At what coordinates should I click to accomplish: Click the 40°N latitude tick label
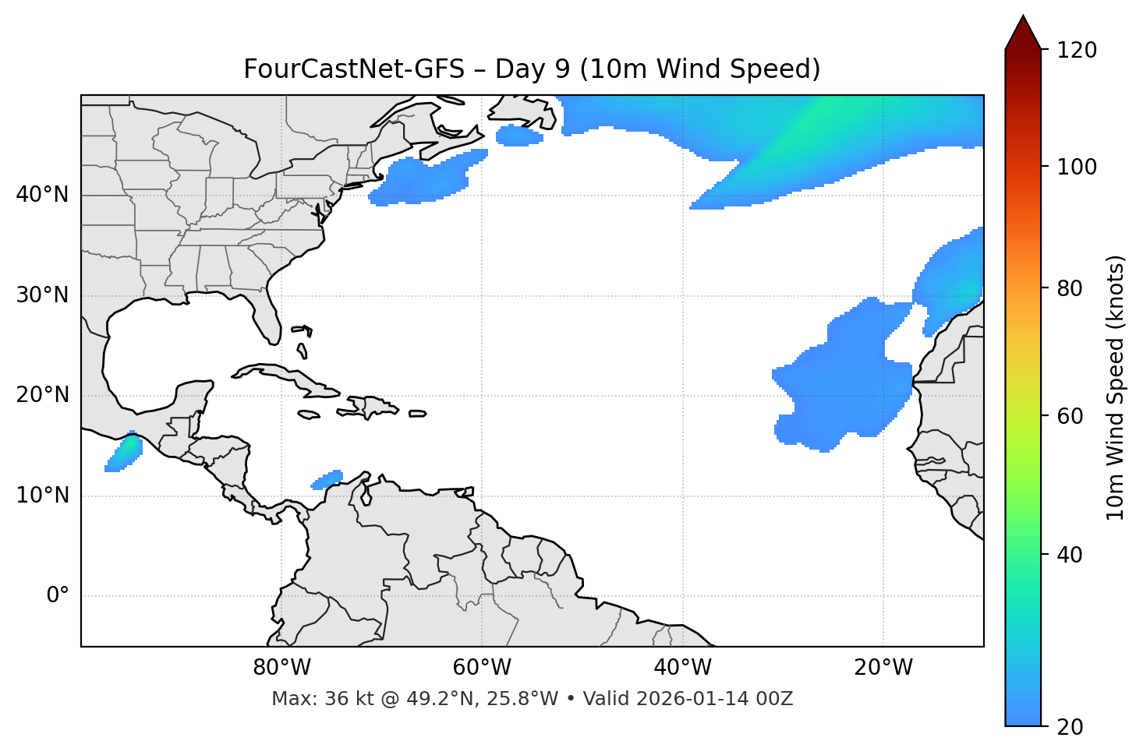pos(42,195)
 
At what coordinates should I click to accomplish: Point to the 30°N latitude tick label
pos(42,295)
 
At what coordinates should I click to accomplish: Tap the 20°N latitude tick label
pos(42,395)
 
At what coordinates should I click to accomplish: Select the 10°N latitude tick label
pos(42,496)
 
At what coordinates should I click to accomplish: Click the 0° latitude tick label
pos(58,596)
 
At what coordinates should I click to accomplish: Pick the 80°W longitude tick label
pos(281,668)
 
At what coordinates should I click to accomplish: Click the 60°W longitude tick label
pos(482,668)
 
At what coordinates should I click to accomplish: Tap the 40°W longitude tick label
pos(682,668)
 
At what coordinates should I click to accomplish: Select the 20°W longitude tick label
pos(883,668)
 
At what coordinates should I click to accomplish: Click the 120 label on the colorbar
pos(1077,51)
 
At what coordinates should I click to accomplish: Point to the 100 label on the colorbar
pos(1077,167)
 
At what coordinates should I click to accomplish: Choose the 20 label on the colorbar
pos(1070,727)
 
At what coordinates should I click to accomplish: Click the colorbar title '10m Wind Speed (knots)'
pos(1116,387)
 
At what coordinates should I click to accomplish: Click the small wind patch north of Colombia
pos(327,480)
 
